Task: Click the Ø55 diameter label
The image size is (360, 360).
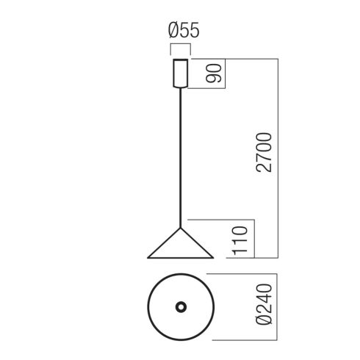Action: tap(184, 30)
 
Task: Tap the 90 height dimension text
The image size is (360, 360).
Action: tap(214, 73)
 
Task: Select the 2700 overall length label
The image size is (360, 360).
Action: tap(264, 152)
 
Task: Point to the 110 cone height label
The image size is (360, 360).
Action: tap(240, 241)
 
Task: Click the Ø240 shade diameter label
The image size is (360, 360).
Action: tap(264, 304)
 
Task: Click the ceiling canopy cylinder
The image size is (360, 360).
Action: tap(181, 73)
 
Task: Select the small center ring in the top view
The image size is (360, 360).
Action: tap(181, 307)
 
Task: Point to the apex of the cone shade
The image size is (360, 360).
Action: tap(181, 228)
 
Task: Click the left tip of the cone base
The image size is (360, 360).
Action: tap(148, 258)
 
